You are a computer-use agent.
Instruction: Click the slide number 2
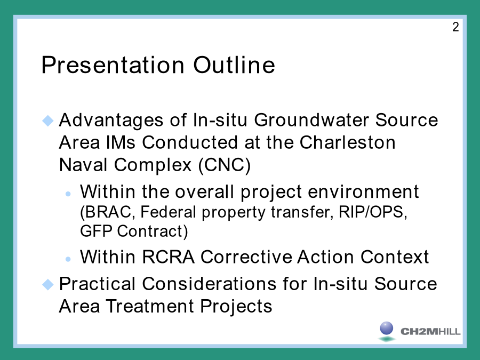(x=455, y=27)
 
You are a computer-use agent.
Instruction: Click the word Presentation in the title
(x=113, y=65)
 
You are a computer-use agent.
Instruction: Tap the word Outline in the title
(x=234, y=65)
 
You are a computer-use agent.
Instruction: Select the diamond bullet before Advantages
(x=48, y=121)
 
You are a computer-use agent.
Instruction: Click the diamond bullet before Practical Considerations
(x=48, y=284)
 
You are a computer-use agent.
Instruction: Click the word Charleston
(x=347, y=142)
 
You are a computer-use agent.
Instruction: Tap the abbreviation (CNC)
(x=225, y=165)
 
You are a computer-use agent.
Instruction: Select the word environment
(x=363, y=192)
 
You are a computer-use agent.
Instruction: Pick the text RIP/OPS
(x=373, y=212)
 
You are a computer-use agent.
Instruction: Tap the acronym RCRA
(x=168, y=257)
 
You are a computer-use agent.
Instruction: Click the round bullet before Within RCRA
(x=68, y=259)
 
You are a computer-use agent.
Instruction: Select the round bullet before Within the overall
(x=68, y=194)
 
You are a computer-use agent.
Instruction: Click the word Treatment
(x=150, y=306)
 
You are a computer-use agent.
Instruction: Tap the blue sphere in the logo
(x=386, y=328)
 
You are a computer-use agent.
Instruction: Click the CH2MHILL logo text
(x=430, y=331)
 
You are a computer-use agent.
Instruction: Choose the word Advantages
(x=111, y=120)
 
